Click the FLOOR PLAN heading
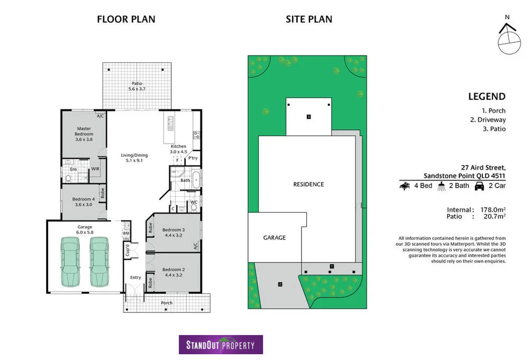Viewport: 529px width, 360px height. click(126, 19)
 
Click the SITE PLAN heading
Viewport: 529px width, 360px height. click(309, 19)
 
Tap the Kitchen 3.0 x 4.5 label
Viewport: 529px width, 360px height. click(178, 149)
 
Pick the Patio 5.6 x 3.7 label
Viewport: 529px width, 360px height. click(136, 86)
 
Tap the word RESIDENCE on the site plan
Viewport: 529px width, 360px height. click(308, 184)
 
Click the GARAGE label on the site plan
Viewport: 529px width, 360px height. click(275, 238)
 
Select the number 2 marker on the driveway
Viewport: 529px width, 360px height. click(280, 285)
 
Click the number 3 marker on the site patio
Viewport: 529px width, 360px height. click(308, 116)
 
